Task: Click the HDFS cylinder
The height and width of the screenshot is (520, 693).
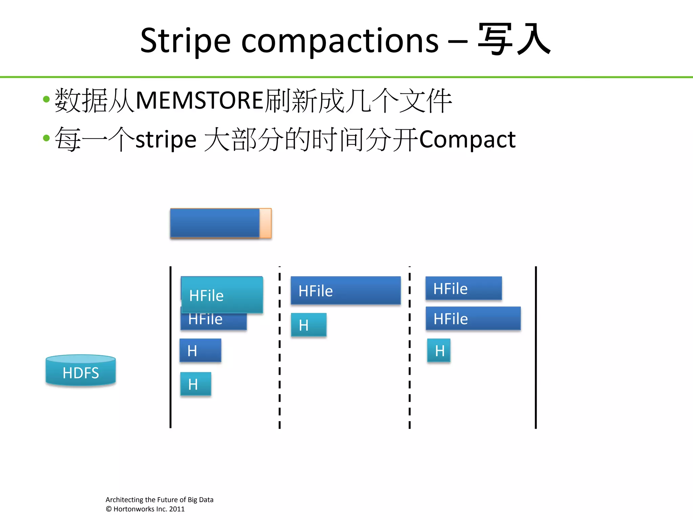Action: pyautogui.click(x=81, y=371)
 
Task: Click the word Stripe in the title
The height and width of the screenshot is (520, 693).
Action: pyautogui.click(x=185, y=41)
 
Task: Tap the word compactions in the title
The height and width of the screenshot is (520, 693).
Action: pyautogui.click(x=340, y=41)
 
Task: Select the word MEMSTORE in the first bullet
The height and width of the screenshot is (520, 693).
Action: pyautogui.click(x=200, y=101)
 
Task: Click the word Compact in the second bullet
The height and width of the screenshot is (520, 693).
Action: pyautogui.click(x=467, y=139)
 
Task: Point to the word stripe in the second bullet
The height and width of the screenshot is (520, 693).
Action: pyautogui.click(x=166, y=139)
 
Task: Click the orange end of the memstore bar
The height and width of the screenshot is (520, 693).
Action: pyautogui.click(x=266, y=223)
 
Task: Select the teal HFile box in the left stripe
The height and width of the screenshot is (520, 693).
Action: pyautogui.click(x=222, y=295)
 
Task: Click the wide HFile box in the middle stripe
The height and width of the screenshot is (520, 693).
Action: pyautogui.click(x=345, y=290)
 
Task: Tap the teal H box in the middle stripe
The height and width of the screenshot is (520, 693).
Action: pyautogui.click(x=309, y=325)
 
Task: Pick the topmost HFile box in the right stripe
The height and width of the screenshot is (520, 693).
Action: pyautogui.click(x=464, y=288)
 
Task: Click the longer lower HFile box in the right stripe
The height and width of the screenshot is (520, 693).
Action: pyautogui.click(x=473, y=319)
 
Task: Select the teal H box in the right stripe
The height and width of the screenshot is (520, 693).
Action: pyautogui.click(x=439, y=350)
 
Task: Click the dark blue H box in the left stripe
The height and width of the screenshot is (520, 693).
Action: pyautogui.click(x=200, y=350)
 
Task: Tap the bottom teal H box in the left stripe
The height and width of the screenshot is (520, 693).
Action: pyautogui.click(x=196, y=384)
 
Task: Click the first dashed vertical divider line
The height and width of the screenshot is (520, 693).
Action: pyautogui.click(x=280, y=349)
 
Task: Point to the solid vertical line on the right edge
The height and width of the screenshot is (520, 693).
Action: pyautogui.click(x=536, y=349)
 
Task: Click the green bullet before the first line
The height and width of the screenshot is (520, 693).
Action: pyautogui.click(x=46, y=100)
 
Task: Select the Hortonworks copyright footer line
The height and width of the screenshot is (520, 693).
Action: pyautogui.click(x=145, y=509)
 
